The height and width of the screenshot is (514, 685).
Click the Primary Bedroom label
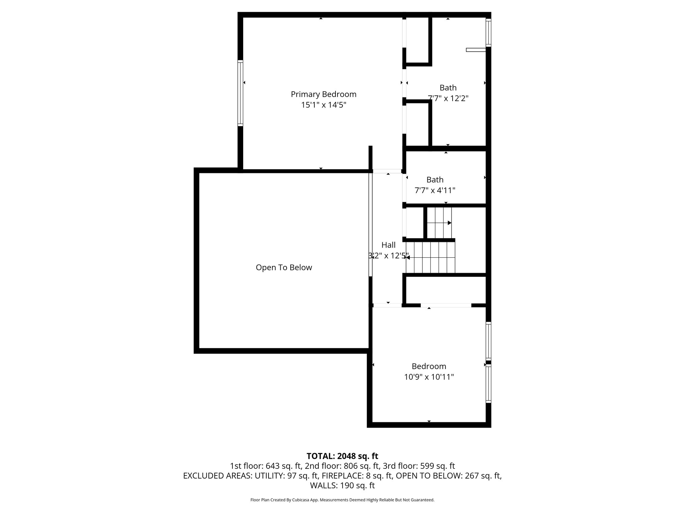[323, 94]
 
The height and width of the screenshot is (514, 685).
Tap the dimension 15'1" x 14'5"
[323, 105]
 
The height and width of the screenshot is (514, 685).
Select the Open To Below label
[284, 267]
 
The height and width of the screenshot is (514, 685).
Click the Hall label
[388, 245]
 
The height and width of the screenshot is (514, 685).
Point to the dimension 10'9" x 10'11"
[429, 377]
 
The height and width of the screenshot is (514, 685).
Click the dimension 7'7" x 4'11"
[435, 190]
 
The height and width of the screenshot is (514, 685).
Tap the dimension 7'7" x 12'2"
[448, 98]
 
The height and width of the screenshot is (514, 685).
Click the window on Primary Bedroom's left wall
[240, 93]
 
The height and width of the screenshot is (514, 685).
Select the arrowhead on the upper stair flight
[450, 223]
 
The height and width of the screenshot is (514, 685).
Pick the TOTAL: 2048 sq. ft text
[342, 456]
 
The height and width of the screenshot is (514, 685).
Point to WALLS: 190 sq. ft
[342, 486]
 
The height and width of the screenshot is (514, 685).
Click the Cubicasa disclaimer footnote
[342, 500]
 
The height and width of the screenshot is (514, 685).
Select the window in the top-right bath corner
[488, 32]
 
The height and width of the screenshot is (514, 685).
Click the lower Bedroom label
[429, 366]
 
